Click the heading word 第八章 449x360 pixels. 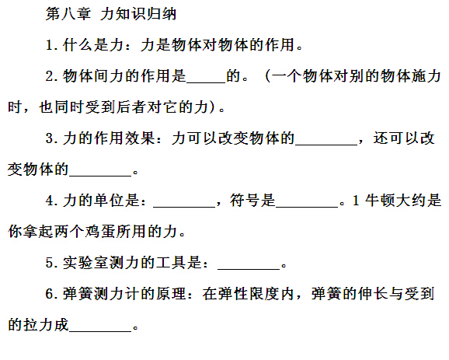click(68, 14)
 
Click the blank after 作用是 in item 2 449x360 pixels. click(206, 83)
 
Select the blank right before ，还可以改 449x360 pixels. click(326, 145)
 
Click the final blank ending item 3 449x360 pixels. click(100, 176)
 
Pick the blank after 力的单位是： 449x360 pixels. click(184, 207)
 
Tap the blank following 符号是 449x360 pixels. click(307, 207)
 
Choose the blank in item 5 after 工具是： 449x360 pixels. click(249, 269)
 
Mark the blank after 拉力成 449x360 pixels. click(100, 331)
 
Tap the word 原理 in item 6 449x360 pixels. click(171, 293)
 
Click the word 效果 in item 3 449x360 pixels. click(140, 138)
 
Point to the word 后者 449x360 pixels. click(131, 107)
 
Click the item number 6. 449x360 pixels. click(49, 294)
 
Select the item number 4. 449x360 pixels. click(49, 201)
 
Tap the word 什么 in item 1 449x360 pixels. click(78, 45)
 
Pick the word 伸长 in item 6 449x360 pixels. click(373, 293)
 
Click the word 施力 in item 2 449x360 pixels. click(426, 76)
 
